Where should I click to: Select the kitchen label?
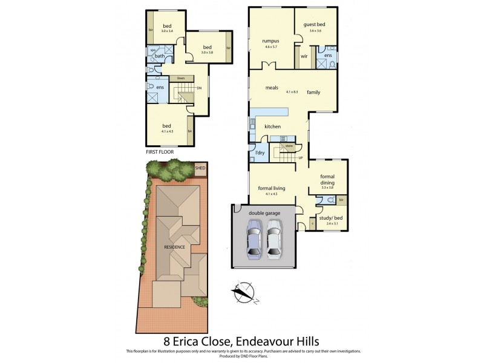point(273,126)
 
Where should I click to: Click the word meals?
point(272,88)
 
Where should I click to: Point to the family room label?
point(313,92)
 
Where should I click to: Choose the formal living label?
point(272,189)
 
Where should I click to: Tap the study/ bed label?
point(331,218)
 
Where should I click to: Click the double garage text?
point(264,214)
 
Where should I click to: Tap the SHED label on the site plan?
point(199,168)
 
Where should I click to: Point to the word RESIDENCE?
point(175,246)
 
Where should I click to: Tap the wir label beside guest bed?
point(304,56)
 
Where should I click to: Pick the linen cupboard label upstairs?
point(180,78)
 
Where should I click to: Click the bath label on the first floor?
point(160,56)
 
